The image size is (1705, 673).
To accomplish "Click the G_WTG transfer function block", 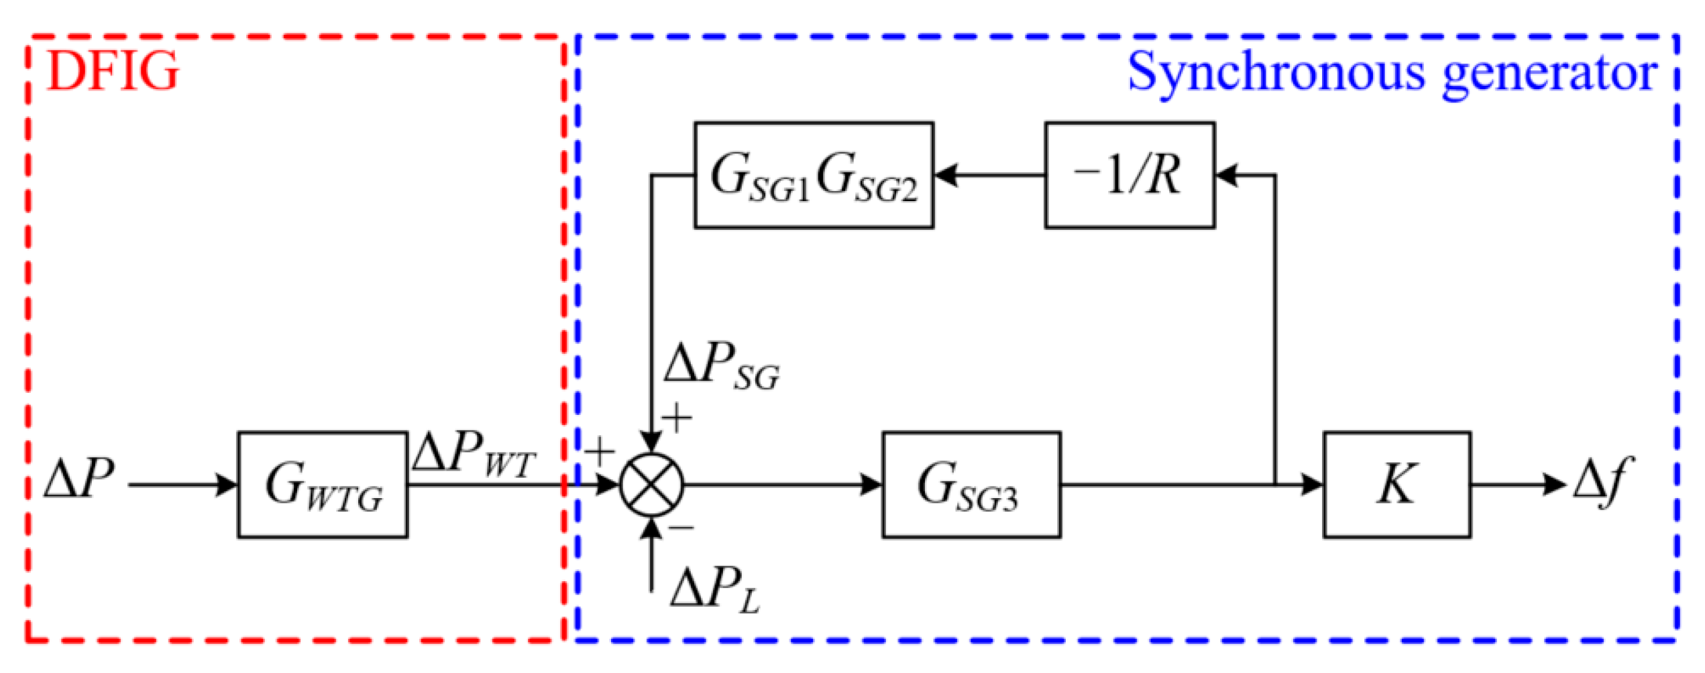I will coord(322,485).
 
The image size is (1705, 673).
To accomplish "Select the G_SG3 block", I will coord(971,485).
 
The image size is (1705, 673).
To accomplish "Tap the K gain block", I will coord(1396,485).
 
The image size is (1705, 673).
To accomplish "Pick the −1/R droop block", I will coord(1129,176).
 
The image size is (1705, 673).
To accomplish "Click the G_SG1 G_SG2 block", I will coord(813,176).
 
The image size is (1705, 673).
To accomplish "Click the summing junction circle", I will coord(651,485).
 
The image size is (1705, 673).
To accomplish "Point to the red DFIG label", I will coord(113,72).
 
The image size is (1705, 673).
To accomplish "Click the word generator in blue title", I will coord(1549,74).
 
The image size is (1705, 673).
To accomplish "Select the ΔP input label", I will coord(79,480).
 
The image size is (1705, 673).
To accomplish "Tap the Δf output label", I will coord(1603,483).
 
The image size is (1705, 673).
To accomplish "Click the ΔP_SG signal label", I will coord(721,365).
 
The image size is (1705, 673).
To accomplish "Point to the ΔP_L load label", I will coord(714,590).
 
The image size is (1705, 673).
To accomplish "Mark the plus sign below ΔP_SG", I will coord(676,419).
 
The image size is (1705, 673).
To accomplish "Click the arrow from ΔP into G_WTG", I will coord(181,485).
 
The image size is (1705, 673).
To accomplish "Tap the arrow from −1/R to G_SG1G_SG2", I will coord(989,176).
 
